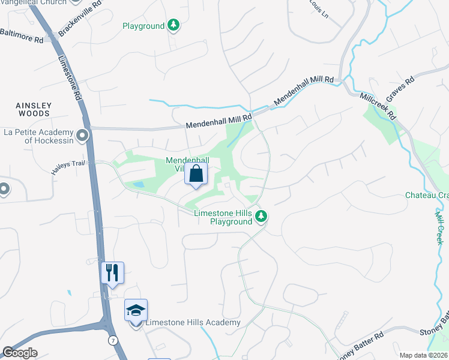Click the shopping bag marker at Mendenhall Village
196,175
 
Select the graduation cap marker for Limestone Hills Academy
136,311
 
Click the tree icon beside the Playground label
173,25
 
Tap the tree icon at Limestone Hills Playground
261,216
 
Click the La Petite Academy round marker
82,136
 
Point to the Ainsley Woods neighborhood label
34,110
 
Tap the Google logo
20,353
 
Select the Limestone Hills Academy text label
193,322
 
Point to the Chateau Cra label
427,195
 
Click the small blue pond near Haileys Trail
138,184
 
